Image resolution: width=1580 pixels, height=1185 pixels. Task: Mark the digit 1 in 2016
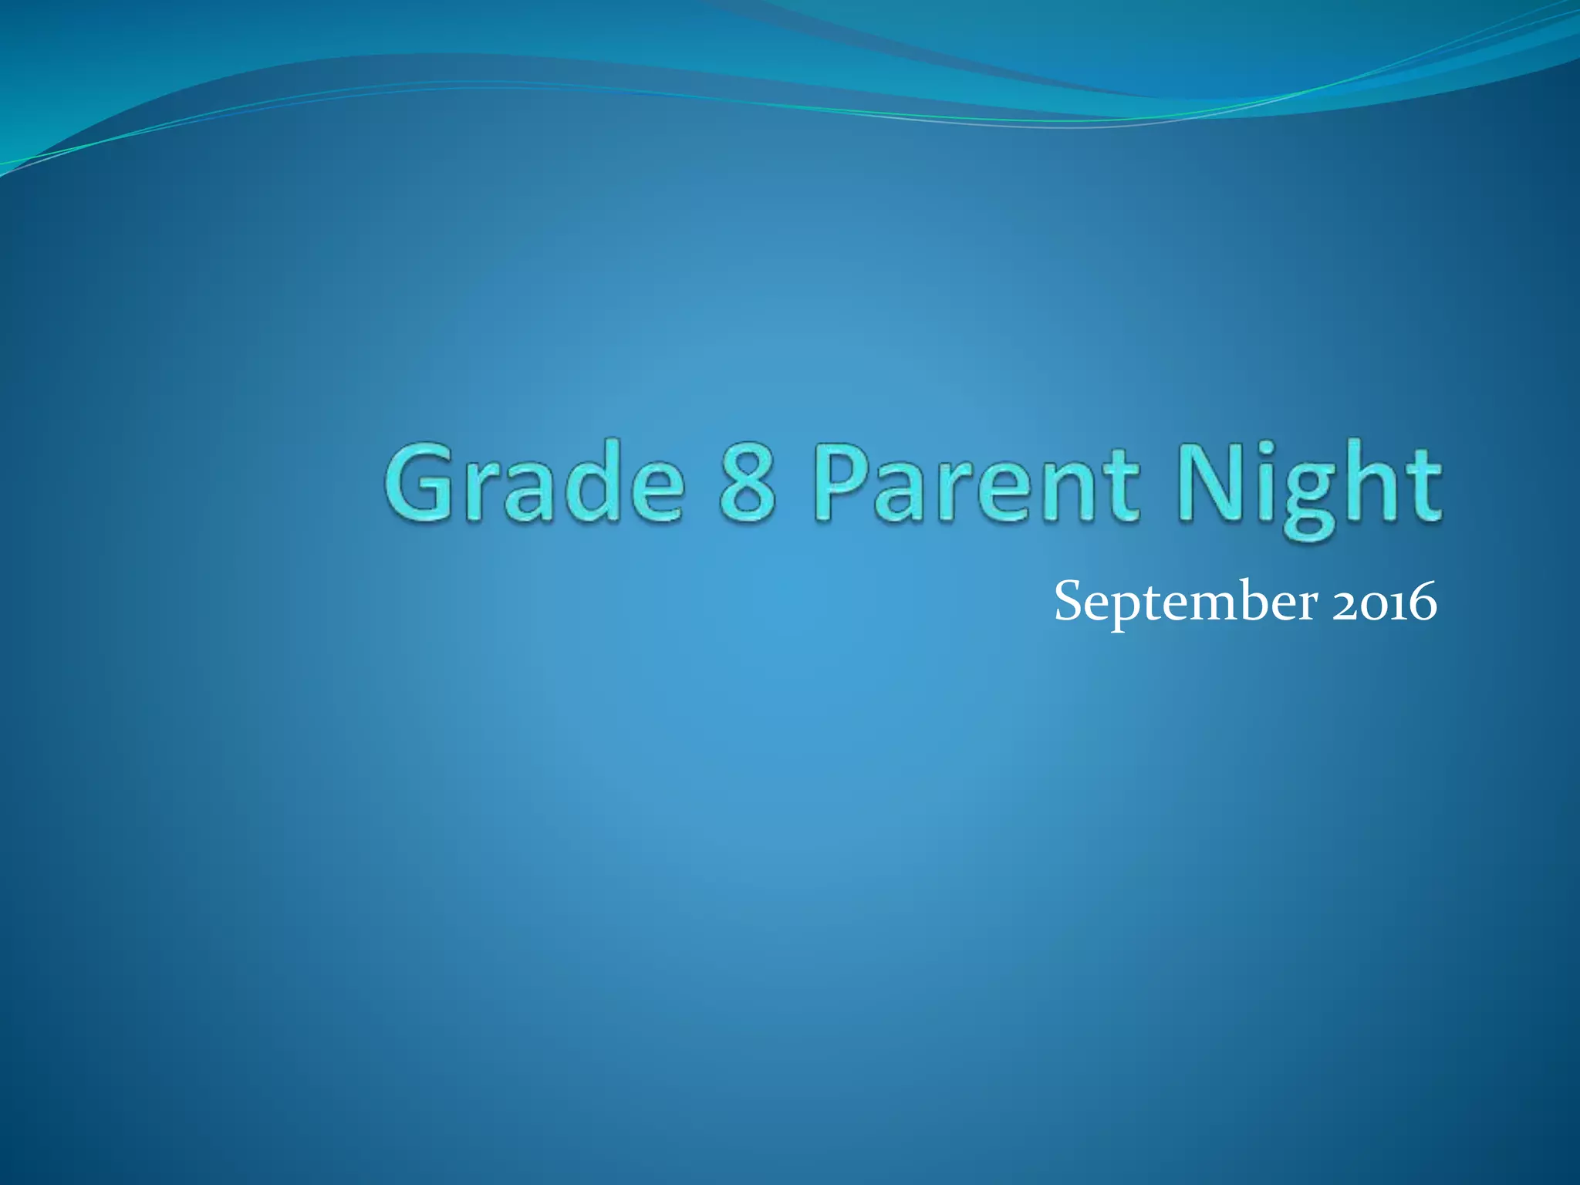pyautogui.click(x=1397, y=606)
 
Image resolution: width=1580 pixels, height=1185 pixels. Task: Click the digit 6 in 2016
pyautogui.click(x=1421, y=603)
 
